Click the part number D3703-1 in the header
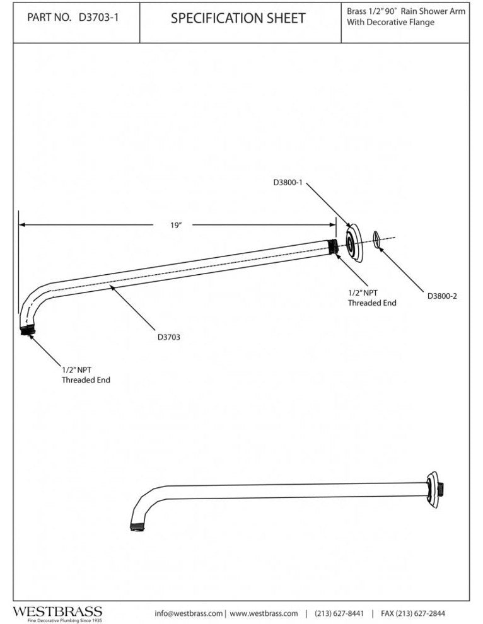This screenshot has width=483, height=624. tap(99, 18)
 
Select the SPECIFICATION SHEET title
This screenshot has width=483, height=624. tap(238, 18)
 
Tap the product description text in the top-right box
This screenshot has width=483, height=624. tap(404, 17)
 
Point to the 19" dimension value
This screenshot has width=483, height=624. tap(177, 224)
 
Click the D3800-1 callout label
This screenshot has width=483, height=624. tap(289, 183)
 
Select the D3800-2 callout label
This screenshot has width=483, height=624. tap(441, 295)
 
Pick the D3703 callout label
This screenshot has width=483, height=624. tap(169, 337)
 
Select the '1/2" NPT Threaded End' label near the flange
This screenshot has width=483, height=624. tap(372, 298)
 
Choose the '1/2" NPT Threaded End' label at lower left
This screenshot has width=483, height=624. tap(85, 376)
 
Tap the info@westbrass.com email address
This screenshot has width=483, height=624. tap(189, 613)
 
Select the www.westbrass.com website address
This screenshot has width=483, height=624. tap(264, 613)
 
